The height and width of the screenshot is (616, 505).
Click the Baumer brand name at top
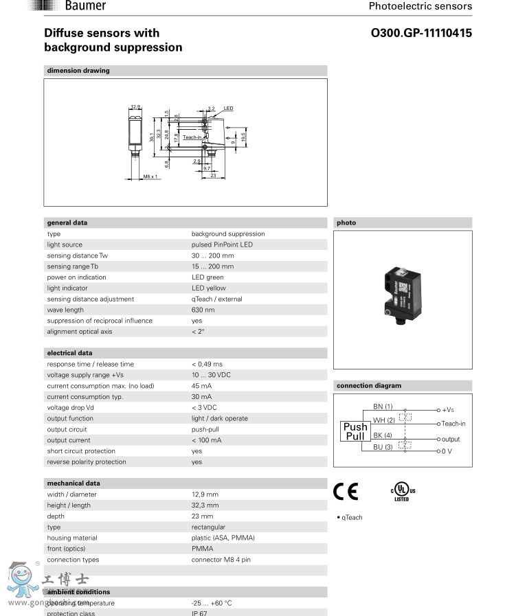click(x=85, y=6)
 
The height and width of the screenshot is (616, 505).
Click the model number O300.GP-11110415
click(x=421, y=33)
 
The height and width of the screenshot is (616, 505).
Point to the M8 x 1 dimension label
click(x=150, y=176)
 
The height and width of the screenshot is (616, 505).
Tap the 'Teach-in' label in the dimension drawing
click(x=192, y=137)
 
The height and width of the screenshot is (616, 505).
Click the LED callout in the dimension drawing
click(x=228, y=109)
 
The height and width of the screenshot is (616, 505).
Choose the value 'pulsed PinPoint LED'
click(x=222, y=244)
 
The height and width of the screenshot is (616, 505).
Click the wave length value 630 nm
click(x=203, y=310)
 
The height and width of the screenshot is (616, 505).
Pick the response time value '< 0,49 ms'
click(x=207, y=364)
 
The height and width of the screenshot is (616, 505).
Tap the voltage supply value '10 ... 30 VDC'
click(x=212, y=375)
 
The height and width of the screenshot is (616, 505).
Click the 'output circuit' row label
click(x=67, y=429)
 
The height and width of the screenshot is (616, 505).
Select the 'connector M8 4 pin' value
click(x=221, y=560)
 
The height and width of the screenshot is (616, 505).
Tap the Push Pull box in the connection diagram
click(x=355, y=431)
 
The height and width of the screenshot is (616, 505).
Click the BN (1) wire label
click(x=383, y=407)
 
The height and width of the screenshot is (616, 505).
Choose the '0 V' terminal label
click(x=447, y=450)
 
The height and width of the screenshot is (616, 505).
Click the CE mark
click(x=346, y=491)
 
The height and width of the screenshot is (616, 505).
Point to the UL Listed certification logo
click(x=403, y=491)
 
